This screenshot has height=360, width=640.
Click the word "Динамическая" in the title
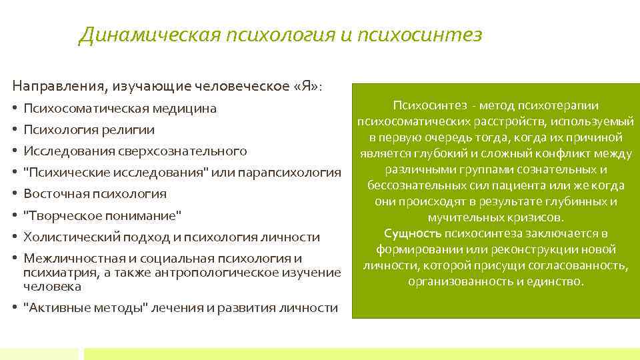coord(148,35)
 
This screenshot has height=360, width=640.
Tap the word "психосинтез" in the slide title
coord(419,35)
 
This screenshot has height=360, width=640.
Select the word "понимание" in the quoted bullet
coord(146,215)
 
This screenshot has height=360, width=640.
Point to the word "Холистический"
coord(71,237)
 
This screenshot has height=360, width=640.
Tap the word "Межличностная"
coord(69,259)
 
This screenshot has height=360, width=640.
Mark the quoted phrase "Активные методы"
coord(84,307)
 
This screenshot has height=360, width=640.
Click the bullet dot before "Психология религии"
coord(15,129)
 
